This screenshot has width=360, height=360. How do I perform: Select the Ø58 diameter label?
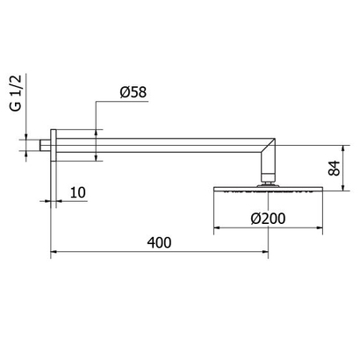click(x=133, y=92)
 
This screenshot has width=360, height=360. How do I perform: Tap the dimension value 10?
click(x=78, y=192)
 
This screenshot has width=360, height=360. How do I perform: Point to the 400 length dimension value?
click(x=159, y=240)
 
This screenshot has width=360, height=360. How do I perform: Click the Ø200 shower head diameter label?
click(x=264, y=217)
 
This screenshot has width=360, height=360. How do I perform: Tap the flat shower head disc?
click(x=266, y=186)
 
